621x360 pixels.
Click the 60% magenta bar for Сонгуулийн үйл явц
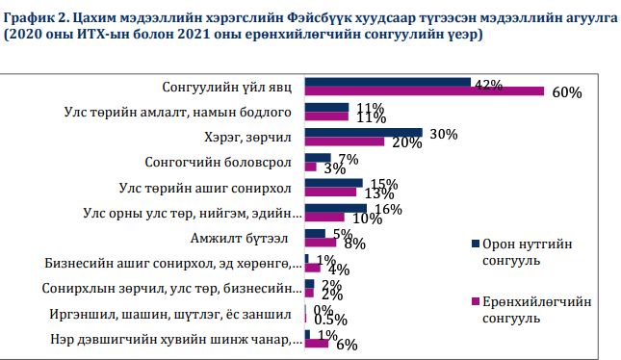(424, 91)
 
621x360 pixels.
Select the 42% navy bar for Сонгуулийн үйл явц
(387, 82)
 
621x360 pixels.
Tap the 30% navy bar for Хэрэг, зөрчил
(363, 133)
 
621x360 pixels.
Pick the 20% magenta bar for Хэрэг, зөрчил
(344, 142)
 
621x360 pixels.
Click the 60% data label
(567, 93)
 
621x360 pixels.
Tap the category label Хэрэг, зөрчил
(255, 136)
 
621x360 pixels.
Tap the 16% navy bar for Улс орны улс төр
(335, 208)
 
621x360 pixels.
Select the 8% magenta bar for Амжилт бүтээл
(320, 243)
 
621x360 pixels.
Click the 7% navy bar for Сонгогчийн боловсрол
(317, 158)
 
